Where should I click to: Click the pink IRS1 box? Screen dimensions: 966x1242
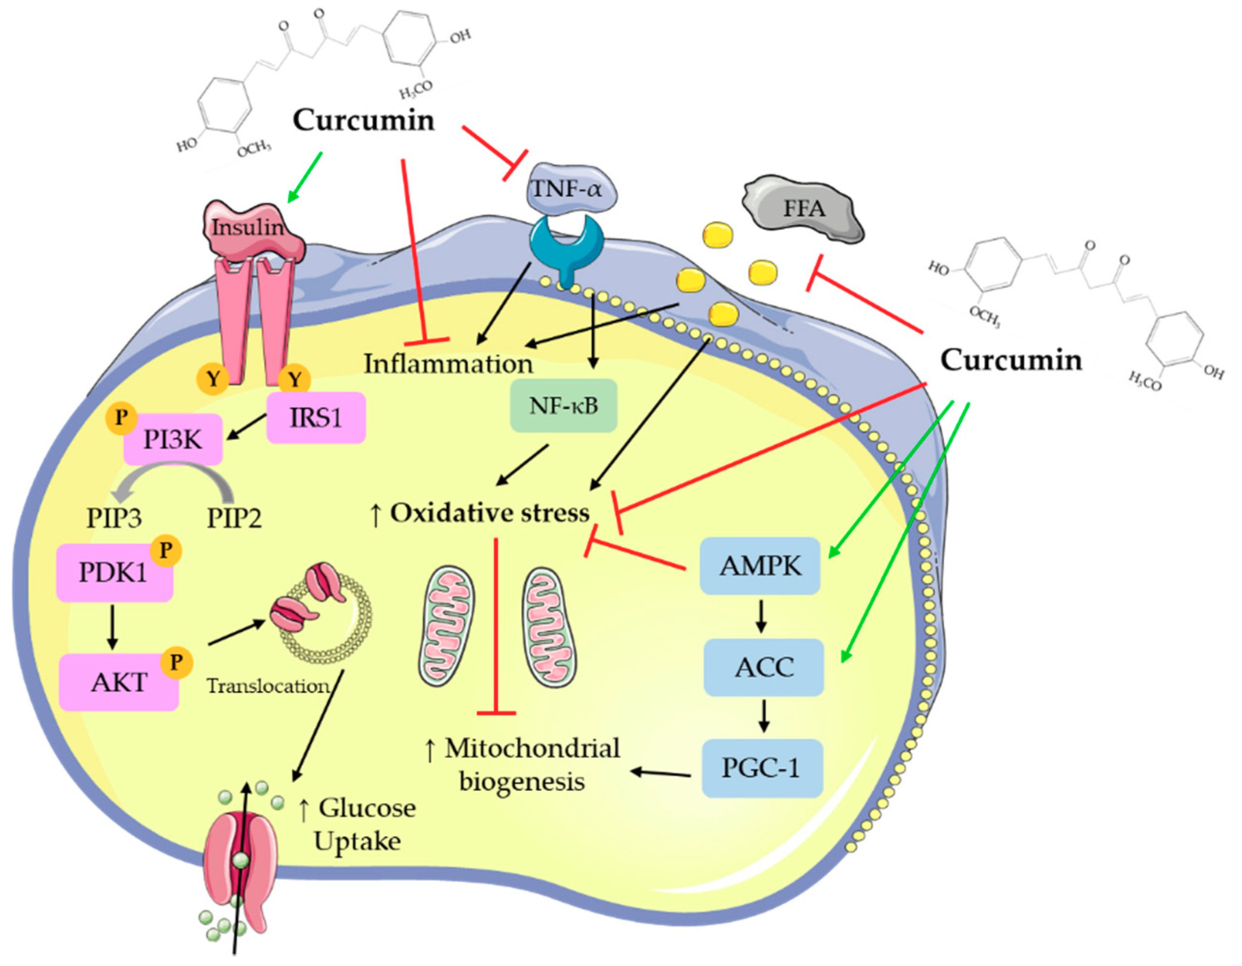[x=316, y=418]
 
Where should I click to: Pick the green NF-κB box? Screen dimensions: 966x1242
[x=563, y=406]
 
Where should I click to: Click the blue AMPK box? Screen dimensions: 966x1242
[x=760, y=566]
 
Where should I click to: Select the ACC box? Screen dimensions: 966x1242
[x=764, y=667]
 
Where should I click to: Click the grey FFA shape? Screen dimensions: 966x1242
[x=803, y=209]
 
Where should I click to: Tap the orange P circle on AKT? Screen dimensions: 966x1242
[x=177, y=662]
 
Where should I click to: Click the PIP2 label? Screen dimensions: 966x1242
[x=234, y=518]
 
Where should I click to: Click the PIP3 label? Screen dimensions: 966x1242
[x=115, y=518]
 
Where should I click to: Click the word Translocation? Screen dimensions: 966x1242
[x=267, y=686]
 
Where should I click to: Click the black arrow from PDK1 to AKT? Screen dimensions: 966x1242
[x=112, y=627]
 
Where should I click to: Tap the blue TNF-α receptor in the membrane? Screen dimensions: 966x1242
[x=565, y=245]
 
